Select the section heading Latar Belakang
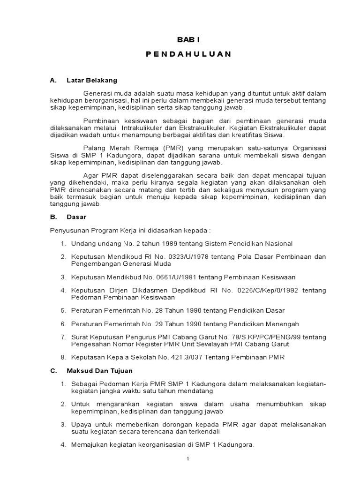(92, 80)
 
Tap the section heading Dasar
(77, 217)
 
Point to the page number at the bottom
(187, 459)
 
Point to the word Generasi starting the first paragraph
(97, 94)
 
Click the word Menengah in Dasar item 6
(281, 324)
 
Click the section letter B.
(52, 217)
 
